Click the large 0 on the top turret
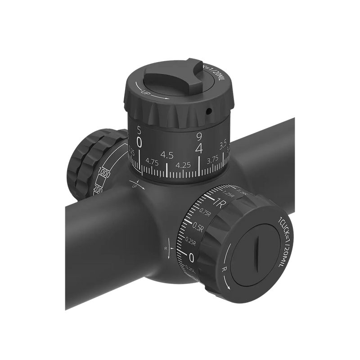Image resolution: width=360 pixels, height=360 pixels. click(x=140, y=142)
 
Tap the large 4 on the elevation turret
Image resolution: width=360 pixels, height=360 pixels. click(x=198, y=147)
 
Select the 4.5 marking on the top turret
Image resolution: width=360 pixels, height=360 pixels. click(x=167, y=155)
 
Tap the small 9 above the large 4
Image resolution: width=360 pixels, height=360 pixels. click(x=198, y=135)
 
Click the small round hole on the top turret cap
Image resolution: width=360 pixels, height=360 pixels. click(x=209, y=110)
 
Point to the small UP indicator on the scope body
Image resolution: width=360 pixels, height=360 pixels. click(x=134, y=185)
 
